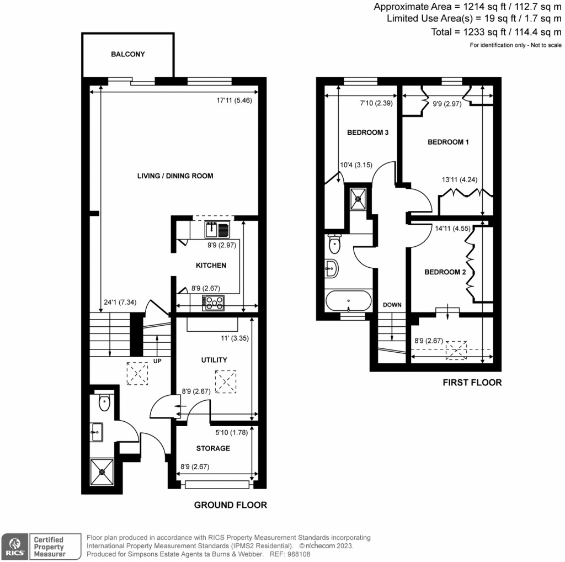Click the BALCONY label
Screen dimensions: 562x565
point(127,54)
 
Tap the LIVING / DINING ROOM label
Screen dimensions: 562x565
point(175,176)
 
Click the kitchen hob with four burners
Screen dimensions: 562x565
point(214,302)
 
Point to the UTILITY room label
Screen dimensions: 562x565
point(214,360)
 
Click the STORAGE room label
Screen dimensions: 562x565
point(213,448)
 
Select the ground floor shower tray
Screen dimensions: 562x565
point(103,471)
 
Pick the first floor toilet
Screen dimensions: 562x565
point(334,243)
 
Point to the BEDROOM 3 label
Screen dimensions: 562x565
point(367,132)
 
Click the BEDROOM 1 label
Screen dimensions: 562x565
point(448,142)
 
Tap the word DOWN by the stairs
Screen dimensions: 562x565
point(392,305)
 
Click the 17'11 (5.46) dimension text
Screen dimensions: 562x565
point(234,101)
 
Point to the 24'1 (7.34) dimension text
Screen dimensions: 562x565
point(120,302)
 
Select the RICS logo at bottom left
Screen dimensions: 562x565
point(14,545)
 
